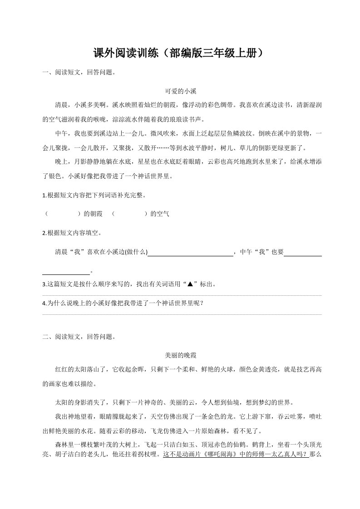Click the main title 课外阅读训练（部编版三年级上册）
(180, 54)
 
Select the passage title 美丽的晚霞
(180, 356)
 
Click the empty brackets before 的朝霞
(63, 214)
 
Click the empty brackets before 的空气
(129, 214)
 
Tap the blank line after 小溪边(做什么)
(191, 253)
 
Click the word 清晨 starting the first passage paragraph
(61, 105)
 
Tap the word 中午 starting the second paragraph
(61, 133)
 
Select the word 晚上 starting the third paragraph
(61, 162)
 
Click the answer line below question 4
(182, 314)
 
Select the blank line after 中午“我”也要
(303, 253)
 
